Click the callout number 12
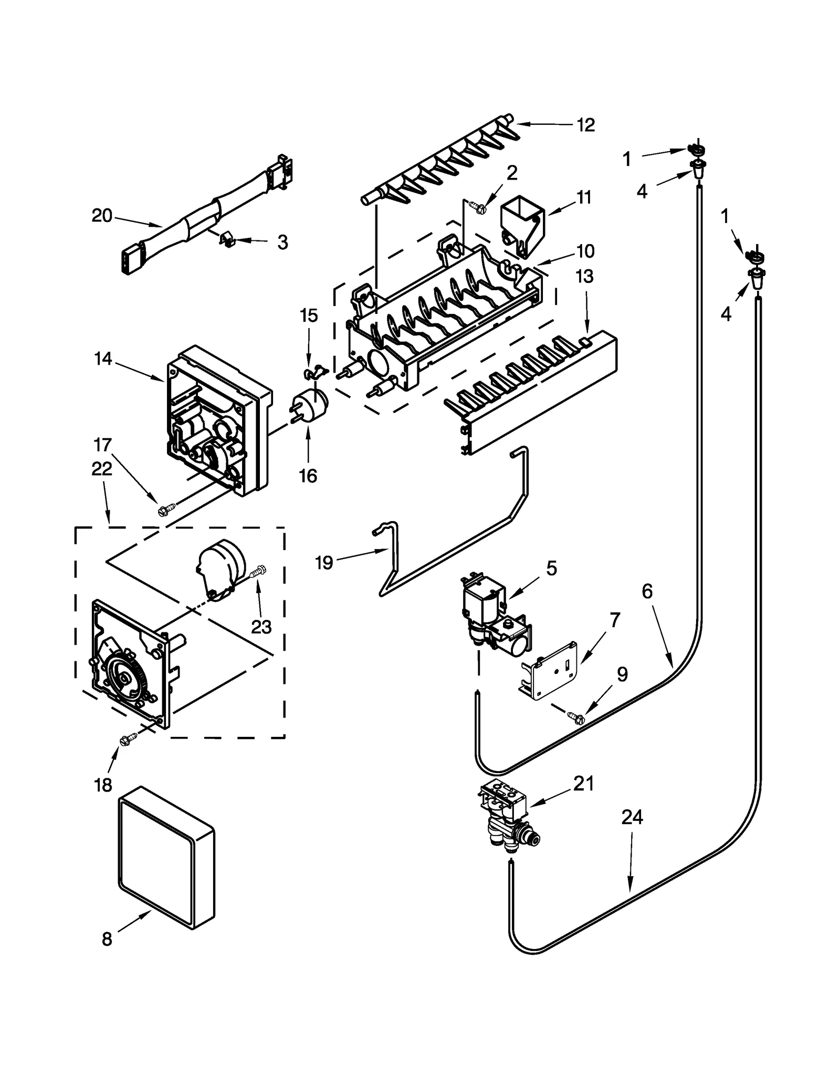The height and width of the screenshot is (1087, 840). (585, 125)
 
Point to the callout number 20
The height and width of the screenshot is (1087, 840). (102, 216)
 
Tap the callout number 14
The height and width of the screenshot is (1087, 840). (103, 359)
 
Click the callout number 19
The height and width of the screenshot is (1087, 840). (324, 563)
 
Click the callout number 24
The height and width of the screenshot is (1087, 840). (632, 817)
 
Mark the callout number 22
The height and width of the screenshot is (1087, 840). (102, 469)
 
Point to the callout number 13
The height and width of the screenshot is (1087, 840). (585, 277)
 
